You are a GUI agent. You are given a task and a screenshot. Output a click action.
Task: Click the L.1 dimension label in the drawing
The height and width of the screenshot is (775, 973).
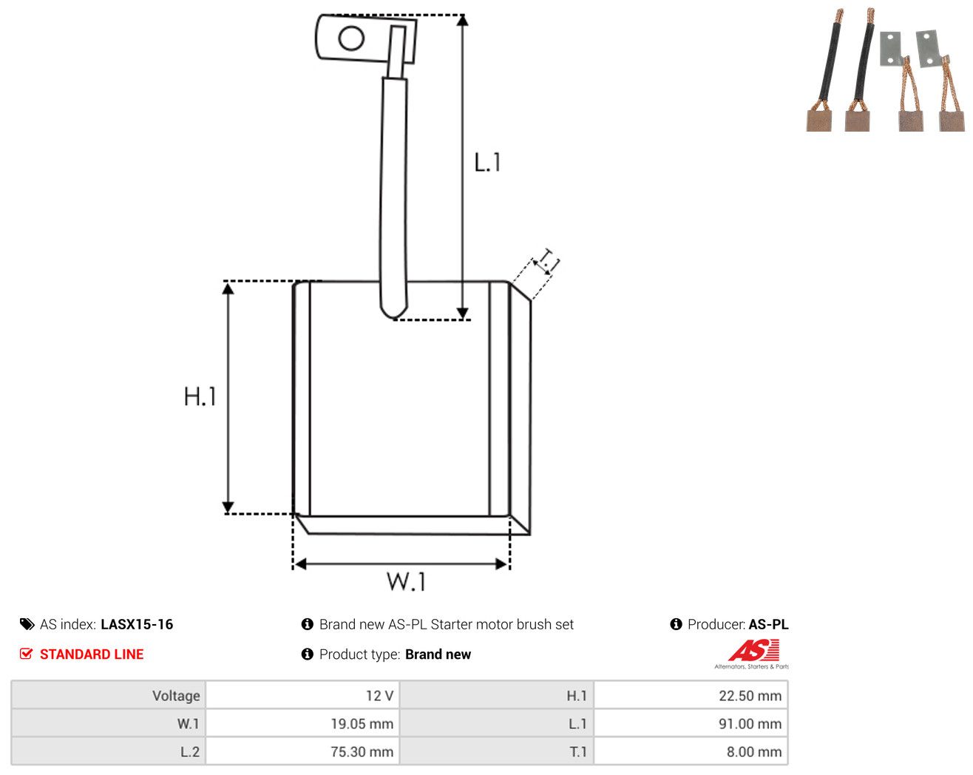(x=487, y=162)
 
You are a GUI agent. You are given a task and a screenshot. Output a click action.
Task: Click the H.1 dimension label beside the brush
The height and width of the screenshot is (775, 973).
(x=200, y=396)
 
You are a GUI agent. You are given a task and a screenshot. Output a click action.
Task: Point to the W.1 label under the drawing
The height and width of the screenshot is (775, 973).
(x=406, y=581)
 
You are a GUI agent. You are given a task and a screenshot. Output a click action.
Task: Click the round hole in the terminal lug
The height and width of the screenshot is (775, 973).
(x=351, y=38)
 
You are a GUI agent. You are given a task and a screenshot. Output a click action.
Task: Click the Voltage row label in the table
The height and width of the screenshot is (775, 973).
(x=176, y=696)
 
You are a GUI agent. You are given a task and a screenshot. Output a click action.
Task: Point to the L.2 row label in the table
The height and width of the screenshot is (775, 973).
(x=190, y=751)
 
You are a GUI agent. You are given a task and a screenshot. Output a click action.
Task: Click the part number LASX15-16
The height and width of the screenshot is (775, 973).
(x=137, y=624)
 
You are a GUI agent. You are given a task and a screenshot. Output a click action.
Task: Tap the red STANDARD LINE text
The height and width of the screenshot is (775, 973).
(x=92, y=654)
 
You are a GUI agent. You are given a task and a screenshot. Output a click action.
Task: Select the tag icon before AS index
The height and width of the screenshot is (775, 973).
(x=27, y=624)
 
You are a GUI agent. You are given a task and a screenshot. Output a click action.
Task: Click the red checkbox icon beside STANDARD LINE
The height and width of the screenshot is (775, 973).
(x=26, y=654)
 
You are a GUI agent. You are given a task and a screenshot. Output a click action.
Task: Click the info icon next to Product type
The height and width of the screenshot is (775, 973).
(x=307, y=654)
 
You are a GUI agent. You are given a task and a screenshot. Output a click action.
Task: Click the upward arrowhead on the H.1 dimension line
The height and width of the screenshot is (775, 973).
(x=228, y=288)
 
